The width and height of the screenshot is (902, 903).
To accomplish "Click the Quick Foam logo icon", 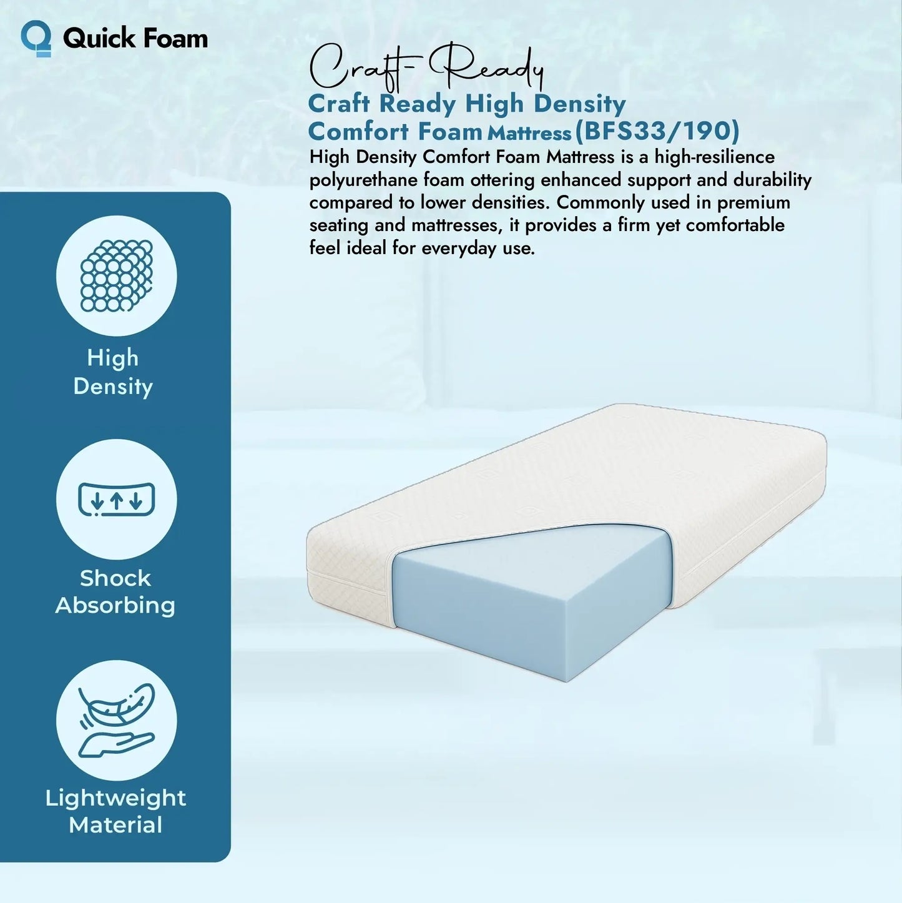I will click(36, 38).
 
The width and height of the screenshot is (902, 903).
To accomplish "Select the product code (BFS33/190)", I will click(657, 131).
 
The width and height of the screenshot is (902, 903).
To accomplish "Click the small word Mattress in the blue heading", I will click(529, 133).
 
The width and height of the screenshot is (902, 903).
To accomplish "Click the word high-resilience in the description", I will click(715, 157).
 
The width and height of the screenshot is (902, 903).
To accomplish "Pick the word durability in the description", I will click(772, 180).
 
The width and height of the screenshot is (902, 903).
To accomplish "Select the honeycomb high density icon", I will click(117, 275).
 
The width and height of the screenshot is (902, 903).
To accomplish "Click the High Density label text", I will click(113, 372).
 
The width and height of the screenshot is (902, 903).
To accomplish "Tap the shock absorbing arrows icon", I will click(117, 500).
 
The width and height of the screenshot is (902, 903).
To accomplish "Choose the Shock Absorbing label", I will click(115, 591).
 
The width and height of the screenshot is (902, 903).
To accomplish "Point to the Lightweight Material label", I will click(115, 811).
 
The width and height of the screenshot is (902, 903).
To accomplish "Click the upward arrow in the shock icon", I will click(117, 500).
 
